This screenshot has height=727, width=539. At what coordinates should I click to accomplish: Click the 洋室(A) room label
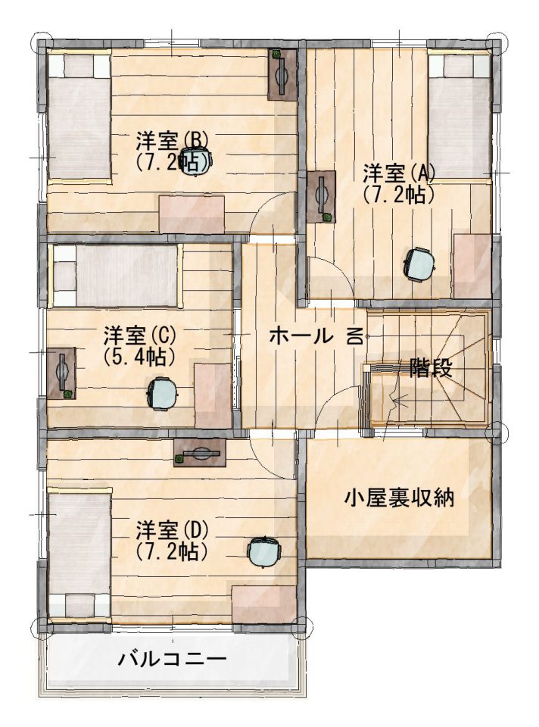coord(399,174)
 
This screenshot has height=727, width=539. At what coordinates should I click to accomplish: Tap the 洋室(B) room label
coord(172,139)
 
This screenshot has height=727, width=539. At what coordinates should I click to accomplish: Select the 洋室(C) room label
coord(140,334)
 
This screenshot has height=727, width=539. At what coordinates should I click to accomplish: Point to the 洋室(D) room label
coord(172,529)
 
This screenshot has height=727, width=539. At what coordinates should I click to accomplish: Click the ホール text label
coord(301,335)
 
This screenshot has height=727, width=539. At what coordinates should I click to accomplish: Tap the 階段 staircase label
coord(431,370)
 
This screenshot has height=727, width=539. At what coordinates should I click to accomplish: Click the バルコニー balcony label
coord(172,658)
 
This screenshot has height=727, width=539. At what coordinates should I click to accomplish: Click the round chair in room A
coord(420,264)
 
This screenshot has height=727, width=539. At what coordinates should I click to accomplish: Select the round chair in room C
coord(162,393)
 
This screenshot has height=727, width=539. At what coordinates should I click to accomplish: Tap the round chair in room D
coord(264,551)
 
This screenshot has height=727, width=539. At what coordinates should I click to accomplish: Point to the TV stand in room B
coord(282,74)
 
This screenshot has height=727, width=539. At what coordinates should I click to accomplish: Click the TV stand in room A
coord(321,197)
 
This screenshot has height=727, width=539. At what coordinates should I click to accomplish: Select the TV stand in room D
coord(200,452)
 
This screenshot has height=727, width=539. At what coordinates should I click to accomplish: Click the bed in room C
coord(116,276)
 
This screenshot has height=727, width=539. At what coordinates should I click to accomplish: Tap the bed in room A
coord(460,116)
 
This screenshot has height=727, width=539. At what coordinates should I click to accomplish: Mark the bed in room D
coord(79,554)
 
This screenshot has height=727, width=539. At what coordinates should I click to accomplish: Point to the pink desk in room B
coord(192,214)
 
